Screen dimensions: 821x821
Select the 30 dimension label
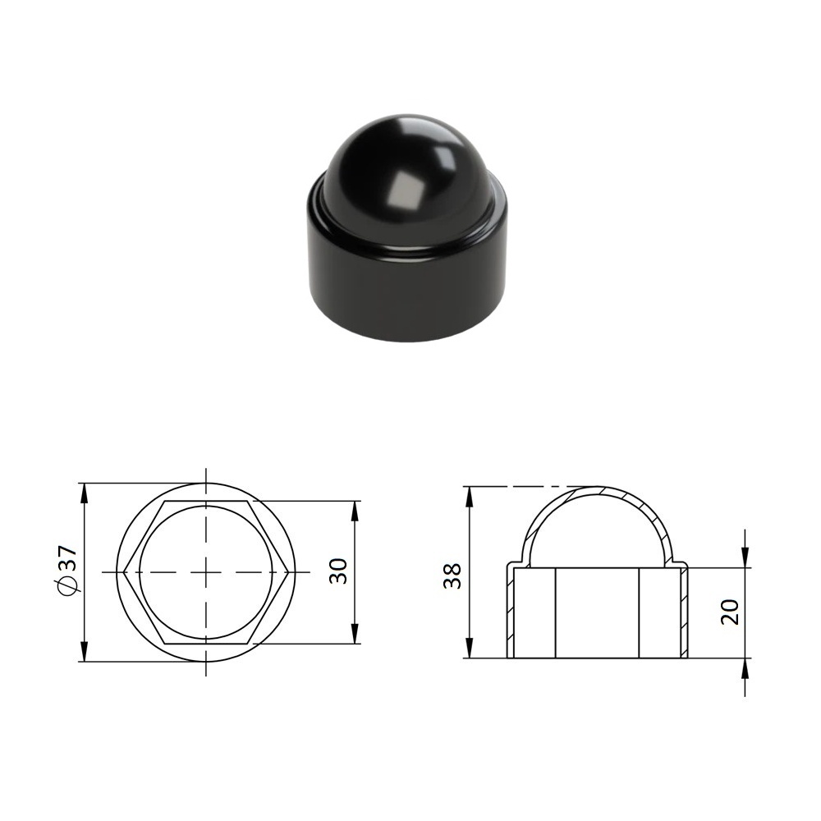(338, 571)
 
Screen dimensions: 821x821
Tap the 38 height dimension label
(452, 576)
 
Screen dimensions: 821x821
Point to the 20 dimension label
(730, 612)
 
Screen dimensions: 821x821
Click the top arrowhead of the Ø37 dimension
(85, 493)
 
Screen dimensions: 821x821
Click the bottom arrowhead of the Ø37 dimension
(85, 652)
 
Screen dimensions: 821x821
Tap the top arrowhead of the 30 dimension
(355, 511)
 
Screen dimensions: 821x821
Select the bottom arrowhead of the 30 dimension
(355, 634)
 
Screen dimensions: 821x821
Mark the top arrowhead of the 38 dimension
(470, 497)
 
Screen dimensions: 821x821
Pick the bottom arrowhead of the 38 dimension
(470, 648)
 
